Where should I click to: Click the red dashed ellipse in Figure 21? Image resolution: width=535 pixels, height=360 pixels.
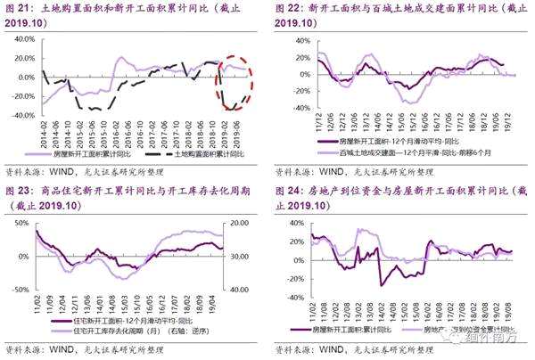tap(235, 86)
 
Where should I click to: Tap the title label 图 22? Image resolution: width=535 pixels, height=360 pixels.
tap(291, 9)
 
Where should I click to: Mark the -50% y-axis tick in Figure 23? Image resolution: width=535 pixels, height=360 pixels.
tap(19, 290)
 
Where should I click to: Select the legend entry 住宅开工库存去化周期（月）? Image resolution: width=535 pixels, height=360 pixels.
tap(125, 331)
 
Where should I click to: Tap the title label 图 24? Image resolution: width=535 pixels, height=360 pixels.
tap(291, 192)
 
